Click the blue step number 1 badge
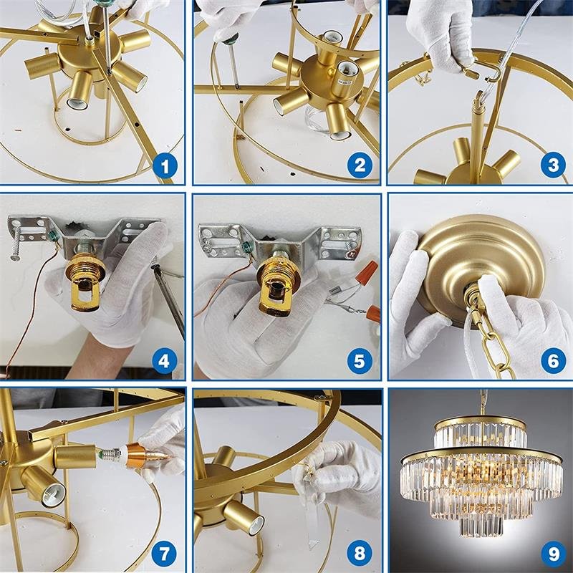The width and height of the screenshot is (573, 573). click(165, 166)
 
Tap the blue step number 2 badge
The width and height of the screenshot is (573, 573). click(360, 165)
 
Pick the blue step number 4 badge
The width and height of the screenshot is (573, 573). click(164, 361)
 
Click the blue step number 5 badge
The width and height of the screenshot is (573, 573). click(360, 361)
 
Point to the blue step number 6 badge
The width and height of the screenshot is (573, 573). click(553, 361)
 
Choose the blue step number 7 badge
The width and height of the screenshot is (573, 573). click(164, 554)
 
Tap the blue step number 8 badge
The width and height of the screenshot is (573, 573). click(360, 554)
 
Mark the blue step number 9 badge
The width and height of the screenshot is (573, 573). click(553, 554)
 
